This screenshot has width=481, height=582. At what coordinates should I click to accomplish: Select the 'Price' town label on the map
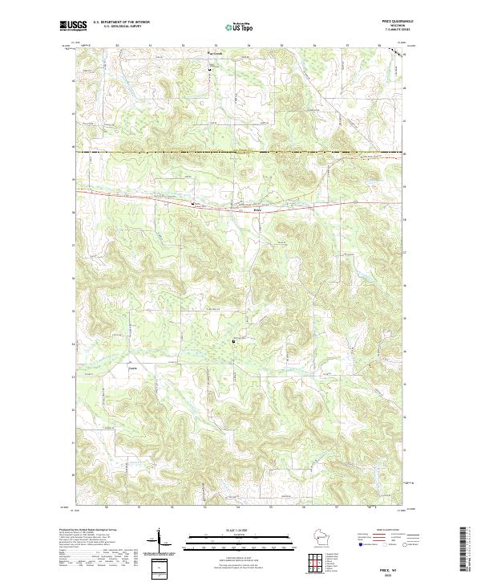(257, 210)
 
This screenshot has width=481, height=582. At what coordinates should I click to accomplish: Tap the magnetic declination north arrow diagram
(160, 538)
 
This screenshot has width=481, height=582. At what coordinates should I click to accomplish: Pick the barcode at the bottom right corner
(467, 551)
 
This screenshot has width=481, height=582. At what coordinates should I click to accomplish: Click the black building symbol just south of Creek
(211, 70)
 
